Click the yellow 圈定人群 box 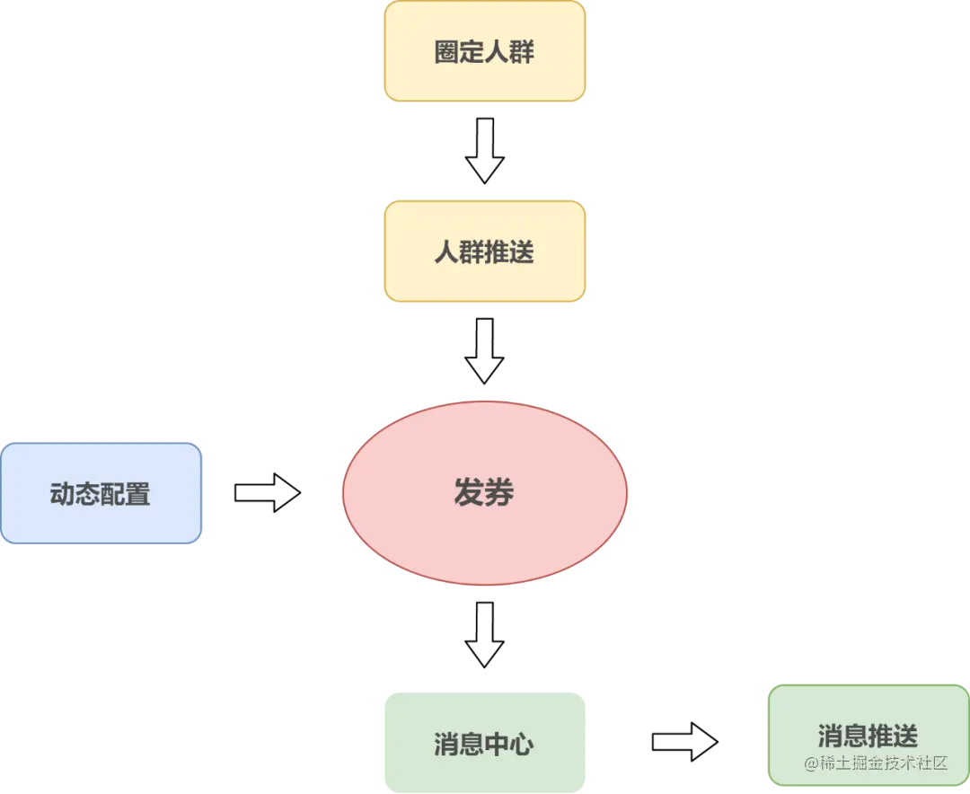point(484,51)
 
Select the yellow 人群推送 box point(484,251)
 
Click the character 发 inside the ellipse point(469,493)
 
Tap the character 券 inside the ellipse point(499,493)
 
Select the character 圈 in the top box point(447,52)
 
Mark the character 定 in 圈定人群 point(472,52)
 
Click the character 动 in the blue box point(63,494)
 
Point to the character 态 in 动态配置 point(88,494)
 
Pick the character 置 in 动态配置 point(137,494)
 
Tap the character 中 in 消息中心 point(497,745)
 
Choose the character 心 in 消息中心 point(521,745)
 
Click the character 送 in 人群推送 point(521,252)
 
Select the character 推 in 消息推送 point(880,737)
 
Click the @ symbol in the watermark point(811,763)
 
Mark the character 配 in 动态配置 point(112,494)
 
